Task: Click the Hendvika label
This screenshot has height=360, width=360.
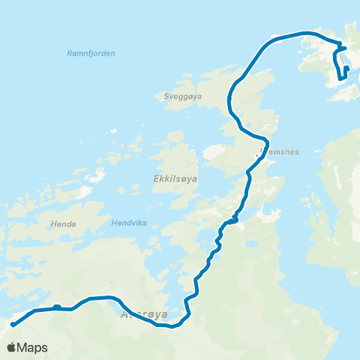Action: click(x=125, y=223)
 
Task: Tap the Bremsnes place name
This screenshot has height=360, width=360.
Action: click(x=279, y=151)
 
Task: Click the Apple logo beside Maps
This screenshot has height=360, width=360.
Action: click(x=12, y=347)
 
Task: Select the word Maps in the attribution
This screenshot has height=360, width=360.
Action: click(x=32, y=348)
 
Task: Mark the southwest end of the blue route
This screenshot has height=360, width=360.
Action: click(x=13, y=325)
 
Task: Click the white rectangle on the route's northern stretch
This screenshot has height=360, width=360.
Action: click(x=277, y=39)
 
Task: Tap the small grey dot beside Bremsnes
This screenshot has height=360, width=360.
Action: click(x=257, y=156)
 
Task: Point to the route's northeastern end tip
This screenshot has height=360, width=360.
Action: click(x=346, y=68)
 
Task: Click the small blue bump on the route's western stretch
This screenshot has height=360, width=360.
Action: click(x=57, y=305)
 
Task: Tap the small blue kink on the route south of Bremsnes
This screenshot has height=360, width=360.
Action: click(x=235, y=218)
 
